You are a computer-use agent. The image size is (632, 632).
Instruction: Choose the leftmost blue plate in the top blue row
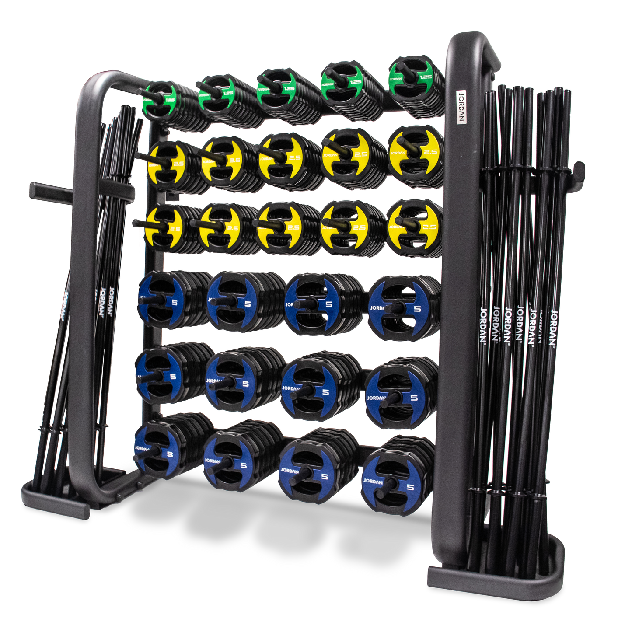[157, 300]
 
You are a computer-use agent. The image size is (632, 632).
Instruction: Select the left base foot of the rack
[55, 499]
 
